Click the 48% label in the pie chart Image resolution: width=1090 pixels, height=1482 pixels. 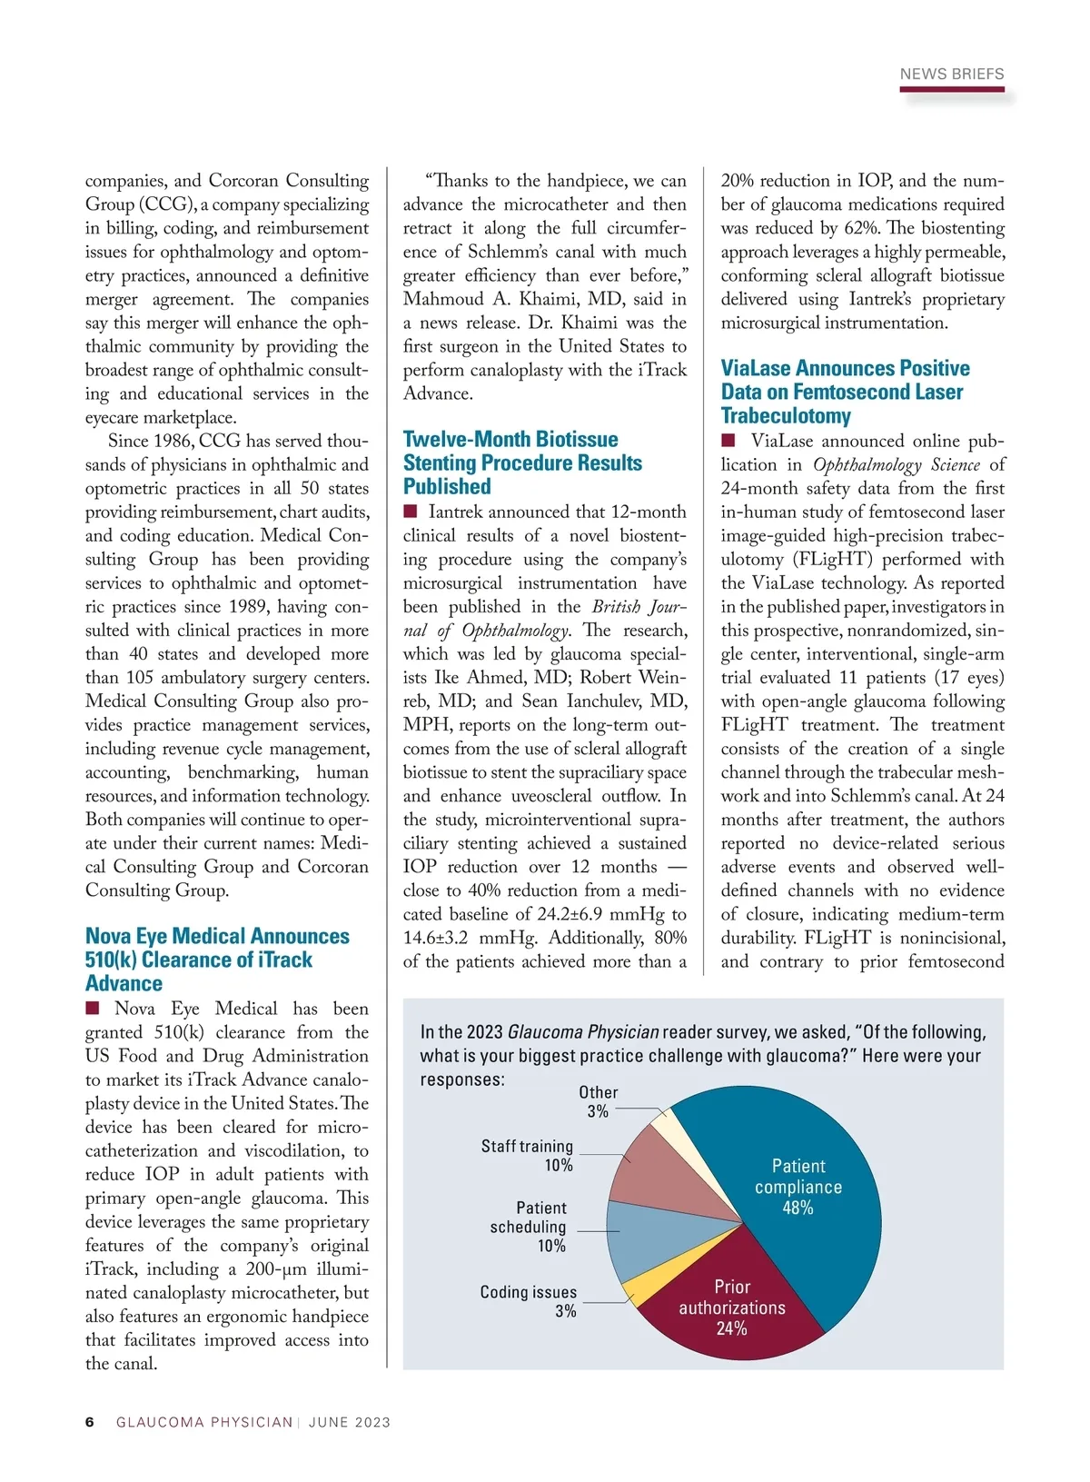pos(798,1208)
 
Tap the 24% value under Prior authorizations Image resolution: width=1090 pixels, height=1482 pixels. pos(731,1329)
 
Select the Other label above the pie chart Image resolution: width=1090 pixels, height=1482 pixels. pos(598,1092)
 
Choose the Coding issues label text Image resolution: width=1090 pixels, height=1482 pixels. pos(528,1292)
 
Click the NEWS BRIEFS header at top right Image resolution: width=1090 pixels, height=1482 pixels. pos(951,75)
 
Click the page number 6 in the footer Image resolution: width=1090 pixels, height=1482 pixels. pos(89,1422)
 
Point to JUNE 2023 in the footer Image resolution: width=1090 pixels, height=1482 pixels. pos(350,1423)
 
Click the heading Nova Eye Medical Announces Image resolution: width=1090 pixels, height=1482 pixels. pos(217,937)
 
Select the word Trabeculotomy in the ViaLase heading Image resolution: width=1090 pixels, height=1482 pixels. pos(786,416)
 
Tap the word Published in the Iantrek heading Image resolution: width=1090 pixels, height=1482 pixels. pos(447,487)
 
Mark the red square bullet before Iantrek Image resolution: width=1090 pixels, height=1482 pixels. pos(410,512)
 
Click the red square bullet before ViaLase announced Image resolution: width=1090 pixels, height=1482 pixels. pos(728,441)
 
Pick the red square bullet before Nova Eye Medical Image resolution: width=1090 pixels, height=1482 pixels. pos(92,1008)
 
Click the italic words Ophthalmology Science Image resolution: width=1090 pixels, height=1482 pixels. pos(896,465)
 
